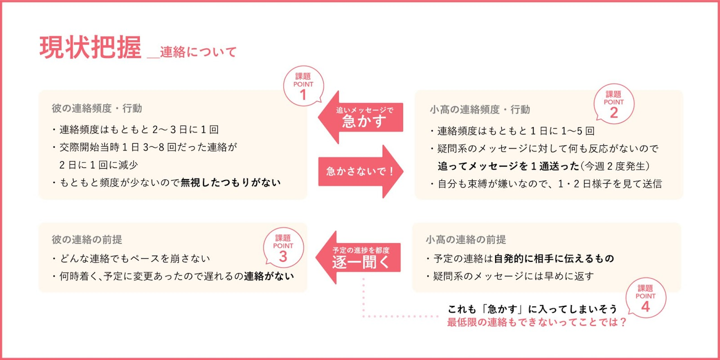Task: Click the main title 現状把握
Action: (90, 48)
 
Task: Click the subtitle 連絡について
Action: (198, 52)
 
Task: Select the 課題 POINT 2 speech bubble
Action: (613, 103)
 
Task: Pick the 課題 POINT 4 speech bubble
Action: (645, 298)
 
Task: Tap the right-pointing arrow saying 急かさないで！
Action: (361, 171)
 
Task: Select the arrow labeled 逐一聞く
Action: (359, 257)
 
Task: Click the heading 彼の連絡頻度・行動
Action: (97, 108)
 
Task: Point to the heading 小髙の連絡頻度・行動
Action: (479, 109)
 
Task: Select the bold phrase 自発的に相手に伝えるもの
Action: (553, 258)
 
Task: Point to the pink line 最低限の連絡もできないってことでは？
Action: (537, 322)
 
